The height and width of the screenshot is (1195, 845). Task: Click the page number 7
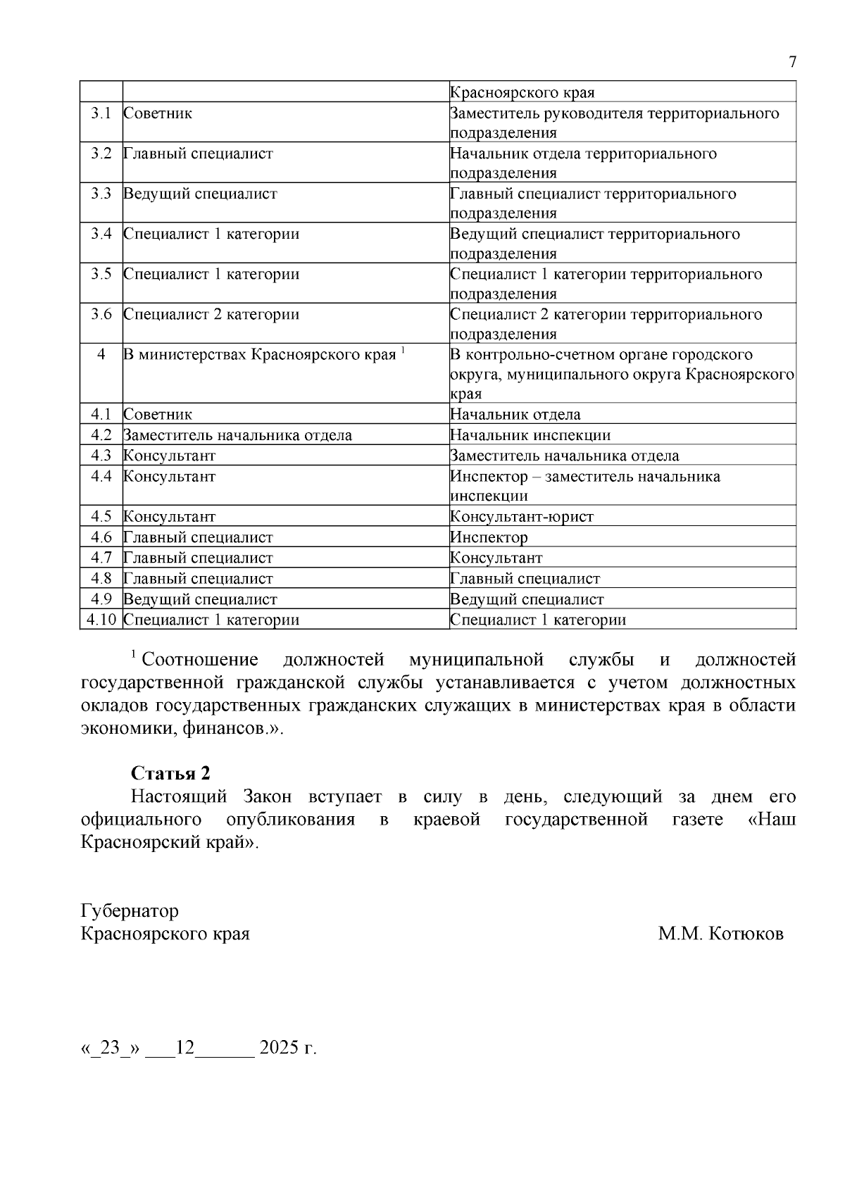click(x=792, y=63)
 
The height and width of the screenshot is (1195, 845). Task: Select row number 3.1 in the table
click(x=101, y=113)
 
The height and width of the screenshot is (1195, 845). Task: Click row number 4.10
click(x=101, y=620)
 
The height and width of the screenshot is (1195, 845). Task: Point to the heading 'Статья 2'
click(x=170, y=773)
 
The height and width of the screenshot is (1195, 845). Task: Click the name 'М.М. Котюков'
click(x=720, y=934)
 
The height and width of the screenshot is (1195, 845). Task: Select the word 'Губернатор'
click(x=130, y=911)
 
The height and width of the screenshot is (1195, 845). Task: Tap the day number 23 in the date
click(x=111, y=1048)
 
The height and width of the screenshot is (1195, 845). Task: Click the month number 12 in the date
click(x=184, y=1048)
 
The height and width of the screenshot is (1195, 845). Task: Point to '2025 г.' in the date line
click(x=288, y=1048)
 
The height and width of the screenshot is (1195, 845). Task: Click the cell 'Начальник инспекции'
click(x=530, y=435)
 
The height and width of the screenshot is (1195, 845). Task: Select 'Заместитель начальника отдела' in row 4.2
click(x=237, y=435)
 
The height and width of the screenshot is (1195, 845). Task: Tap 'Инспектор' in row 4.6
click(x=489, y=538)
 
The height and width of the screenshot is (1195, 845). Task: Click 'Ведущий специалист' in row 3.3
click(x=200, y=194)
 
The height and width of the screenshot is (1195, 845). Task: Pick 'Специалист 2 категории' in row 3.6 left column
click(x=211, y=315)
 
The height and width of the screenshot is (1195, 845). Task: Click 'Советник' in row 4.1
click(x=158, y=415)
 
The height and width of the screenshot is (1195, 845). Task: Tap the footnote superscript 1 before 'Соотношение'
click(x=133, y=656)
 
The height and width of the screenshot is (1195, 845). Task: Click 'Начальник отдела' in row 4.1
click(x=515, y=415)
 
